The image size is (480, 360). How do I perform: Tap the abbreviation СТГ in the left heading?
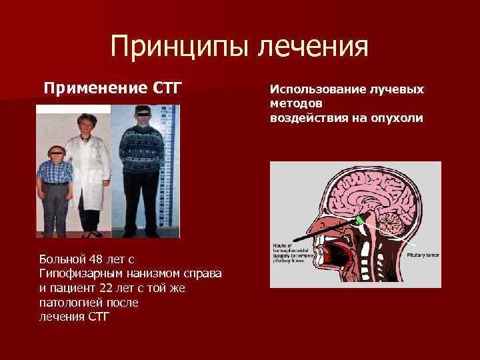(x=166, y=87)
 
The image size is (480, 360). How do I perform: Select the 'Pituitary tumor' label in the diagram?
(x=423, y=255)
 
